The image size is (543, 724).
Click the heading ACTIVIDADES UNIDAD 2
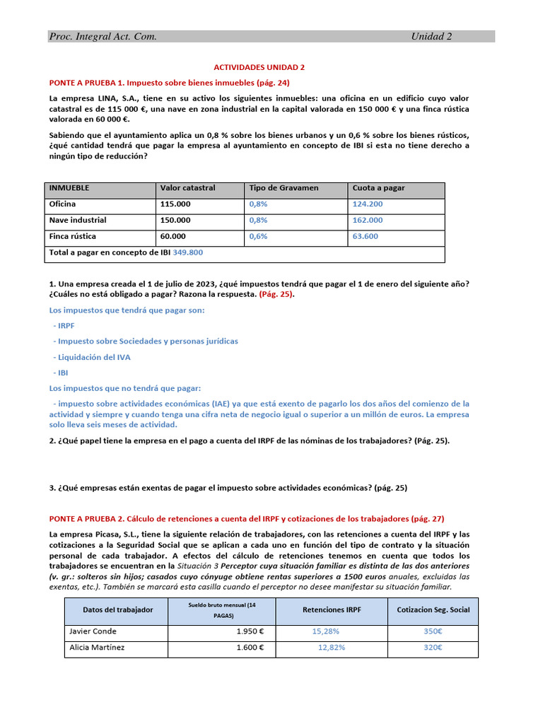(x=259, y=67)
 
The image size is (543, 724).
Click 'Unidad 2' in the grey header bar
(x=431, y=37)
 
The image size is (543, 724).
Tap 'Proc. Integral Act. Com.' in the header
(x=103, y=37)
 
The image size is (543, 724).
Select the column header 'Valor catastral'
(x=187, y=188)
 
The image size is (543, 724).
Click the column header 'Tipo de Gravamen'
(x=284, y=188)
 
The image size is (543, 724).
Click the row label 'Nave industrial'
(x=78, y=220)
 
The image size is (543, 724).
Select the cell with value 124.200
(x=367, y=204)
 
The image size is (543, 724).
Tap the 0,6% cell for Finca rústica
(x=258, y=236)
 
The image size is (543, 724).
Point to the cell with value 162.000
(x=367, y=220)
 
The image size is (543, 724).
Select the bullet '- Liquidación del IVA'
(x=91, y=357)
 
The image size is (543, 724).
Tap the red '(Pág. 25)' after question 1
(x=276, y=294)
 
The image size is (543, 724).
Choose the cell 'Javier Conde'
(x=93, y=631)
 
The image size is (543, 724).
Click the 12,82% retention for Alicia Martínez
(x=332, y=648)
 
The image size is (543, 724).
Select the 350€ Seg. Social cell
(x=432, y=631)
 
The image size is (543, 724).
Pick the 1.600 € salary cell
(x=250, y=648)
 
